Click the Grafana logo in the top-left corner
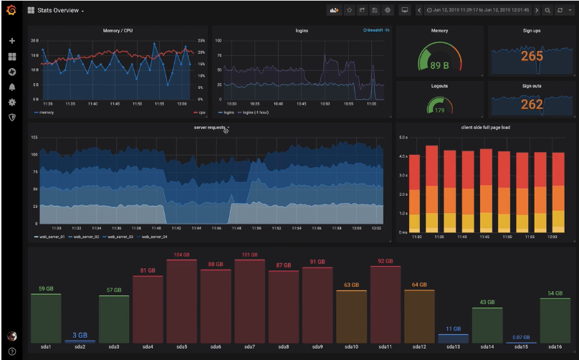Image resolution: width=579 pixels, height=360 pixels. click(x=11, y=10)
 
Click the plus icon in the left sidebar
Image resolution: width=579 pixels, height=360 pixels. click(x=11, y=41)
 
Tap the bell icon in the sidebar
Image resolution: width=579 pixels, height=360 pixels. click(x=11, y=87)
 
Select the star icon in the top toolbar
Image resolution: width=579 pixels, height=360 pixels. click(x=349, y=11)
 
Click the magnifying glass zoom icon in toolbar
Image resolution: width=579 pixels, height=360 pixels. click(x=548, y=11)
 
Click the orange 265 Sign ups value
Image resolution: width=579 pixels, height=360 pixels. click(x=532, y=57)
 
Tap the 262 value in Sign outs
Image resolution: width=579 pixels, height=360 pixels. click(x=532, y=105)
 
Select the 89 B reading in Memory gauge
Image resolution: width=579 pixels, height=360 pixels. click(x=439, y=65)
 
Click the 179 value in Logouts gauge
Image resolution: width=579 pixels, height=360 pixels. click(x=439, y=110)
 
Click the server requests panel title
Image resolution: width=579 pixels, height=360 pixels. click(x=210, y=128)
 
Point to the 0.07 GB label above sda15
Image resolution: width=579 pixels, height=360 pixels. click(x=520, y=336)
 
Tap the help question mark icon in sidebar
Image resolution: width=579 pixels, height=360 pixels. click(x=11, y=351)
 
